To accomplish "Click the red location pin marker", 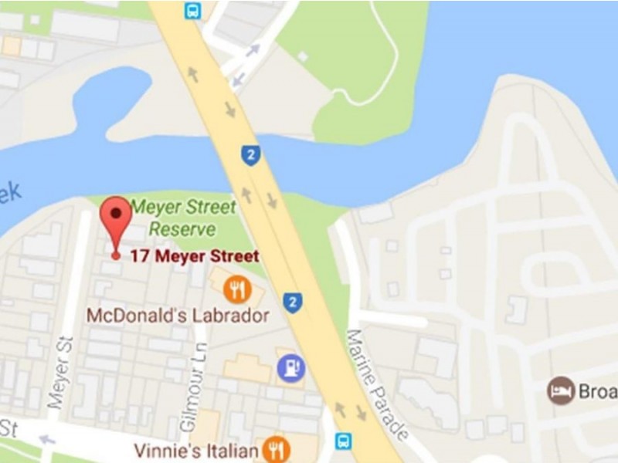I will [x=117, y=217].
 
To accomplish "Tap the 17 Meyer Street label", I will [x=194, y=255].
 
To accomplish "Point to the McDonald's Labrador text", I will [x=178, y=316].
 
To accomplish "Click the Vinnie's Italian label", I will [x=195, y=450].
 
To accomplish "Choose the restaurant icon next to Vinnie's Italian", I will [x=276, y=449].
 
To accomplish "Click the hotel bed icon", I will [x=562, y=390].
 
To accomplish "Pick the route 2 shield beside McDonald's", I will [x=291, y=302].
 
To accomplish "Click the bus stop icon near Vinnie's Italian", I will [x=343, y=441].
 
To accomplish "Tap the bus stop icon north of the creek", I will [x=192, y=11].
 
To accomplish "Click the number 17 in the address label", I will [x=140, y=255].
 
